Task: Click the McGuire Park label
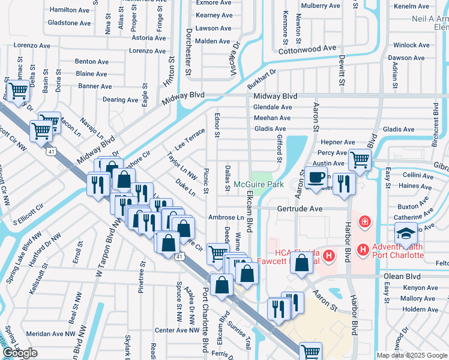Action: tap(259, 184)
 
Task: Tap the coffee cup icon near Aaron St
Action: tap(316, 178)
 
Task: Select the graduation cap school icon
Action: tap(406, 233)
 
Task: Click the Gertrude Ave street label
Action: tap(300, 208)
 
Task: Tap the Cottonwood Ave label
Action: tap(308, 47)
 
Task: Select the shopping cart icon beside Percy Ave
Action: tap(360, 160)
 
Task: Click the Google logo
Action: tap(20, 353)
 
